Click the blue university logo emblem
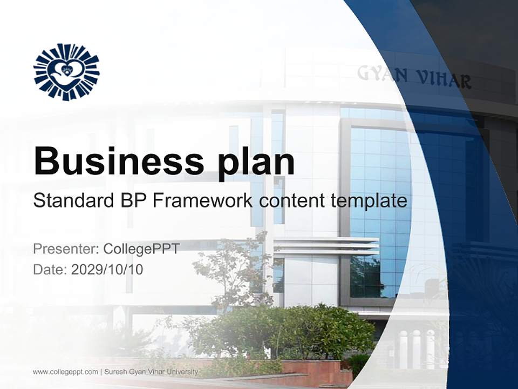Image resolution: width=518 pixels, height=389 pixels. pyautogui.click(x=66, y=72)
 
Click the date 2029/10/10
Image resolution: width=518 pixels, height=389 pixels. pyautogui.click(x=107, y=270)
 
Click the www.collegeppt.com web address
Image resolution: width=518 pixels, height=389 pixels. pyautogui.click(x=65, y=372)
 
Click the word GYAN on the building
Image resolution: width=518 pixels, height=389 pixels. pyautogui.click(x=382, y=75)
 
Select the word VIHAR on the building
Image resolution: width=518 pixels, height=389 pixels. pyautogui.click(x=443, y=80)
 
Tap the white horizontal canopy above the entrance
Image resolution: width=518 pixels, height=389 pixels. pyautogui.click(x=324, y=246)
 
